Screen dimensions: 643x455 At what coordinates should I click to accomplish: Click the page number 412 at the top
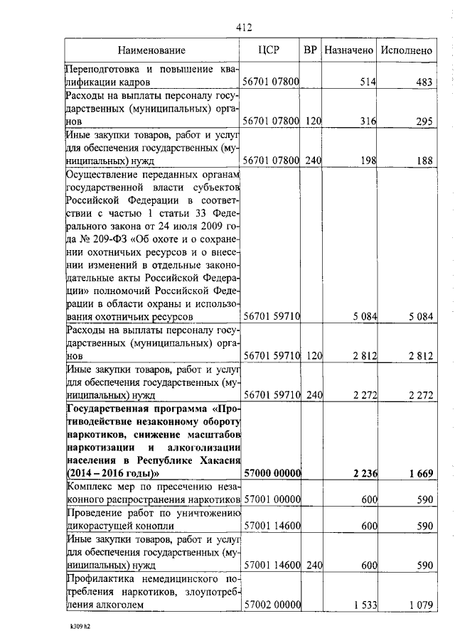click(x=243, y=28)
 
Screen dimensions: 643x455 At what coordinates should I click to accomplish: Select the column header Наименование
click(x=151, y=50)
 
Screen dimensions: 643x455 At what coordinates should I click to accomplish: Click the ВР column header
click(x=310, y=50)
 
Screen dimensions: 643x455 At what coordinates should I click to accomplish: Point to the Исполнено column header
click(x=406, y=50)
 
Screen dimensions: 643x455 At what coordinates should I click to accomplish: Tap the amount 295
click(x=424, y=121)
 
